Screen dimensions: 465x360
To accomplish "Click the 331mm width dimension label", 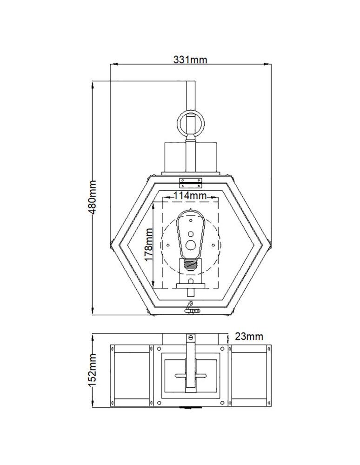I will click(x=190, y=59).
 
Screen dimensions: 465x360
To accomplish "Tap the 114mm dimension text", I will click(x=190, y=196).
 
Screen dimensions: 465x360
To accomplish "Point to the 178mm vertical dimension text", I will click(x=148, y=245).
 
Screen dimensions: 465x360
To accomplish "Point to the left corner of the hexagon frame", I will click(x=112, y=242).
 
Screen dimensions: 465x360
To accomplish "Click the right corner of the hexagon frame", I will click(x=268, y=242).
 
